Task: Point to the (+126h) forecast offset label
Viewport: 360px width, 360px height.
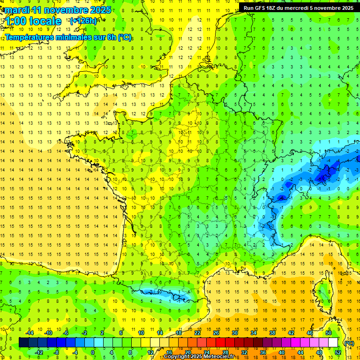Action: click(x=83, y=21)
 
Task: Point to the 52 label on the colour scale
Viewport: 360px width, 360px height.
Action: click(x=338, y=352)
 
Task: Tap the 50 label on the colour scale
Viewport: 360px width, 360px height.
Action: click(x=329, y=332)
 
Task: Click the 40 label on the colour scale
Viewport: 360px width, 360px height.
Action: click(x=281, y=352)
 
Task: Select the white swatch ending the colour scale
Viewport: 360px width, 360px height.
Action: click(x=333, y=342)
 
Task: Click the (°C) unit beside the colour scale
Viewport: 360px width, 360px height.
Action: click(x=349, y=343)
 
